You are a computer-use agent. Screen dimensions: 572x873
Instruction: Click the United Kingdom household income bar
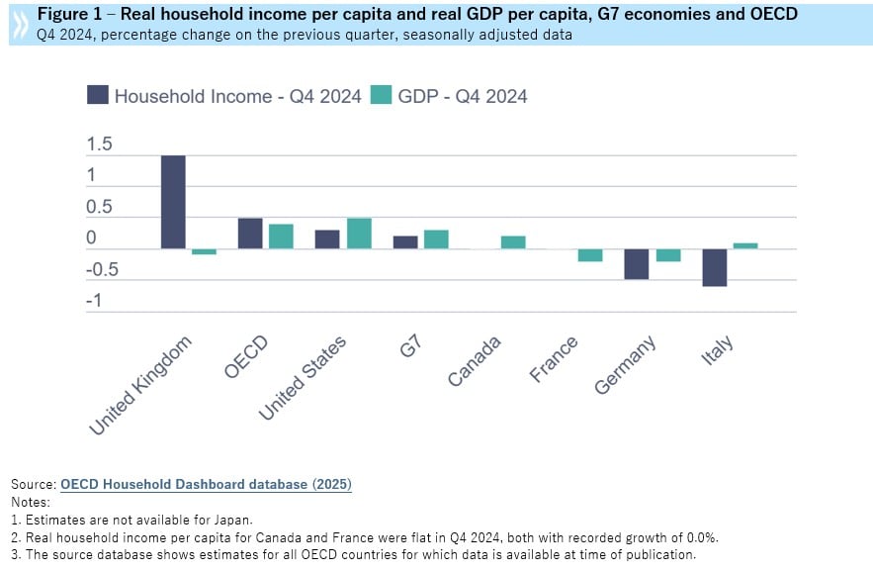173,202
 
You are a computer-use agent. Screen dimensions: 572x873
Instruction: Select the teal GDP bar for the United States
359,234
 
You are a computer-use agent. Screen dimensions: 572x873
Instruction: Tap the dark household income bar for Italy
715,267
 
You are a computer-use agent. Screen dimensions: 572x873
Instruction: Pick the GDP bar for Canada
513,242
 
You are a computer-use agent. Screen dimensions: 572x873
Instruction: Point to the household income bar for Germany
637,264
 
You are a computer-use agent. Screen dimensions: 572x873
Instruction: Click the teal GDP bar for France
590,255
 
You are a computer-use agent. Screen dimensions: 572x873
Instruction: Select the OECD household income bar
250,234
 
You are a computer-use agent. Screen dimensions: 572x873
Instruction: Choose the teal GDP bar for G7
436,239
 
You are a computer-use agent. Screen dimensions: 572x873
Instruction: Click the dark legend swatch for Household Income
98,95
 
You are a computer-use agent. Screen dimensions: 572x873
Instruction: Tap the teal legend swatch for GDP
382,95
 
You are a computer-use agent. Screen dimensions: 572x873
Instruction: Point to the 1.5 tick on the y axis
100,144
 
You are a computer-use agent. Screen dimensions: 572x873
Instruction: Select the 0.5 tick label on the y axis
100,208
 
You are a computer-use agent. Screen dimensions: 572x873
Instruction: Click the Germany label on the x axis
625,366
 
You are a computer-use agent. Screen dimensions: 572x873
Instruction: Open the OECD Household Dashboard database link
206,484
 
